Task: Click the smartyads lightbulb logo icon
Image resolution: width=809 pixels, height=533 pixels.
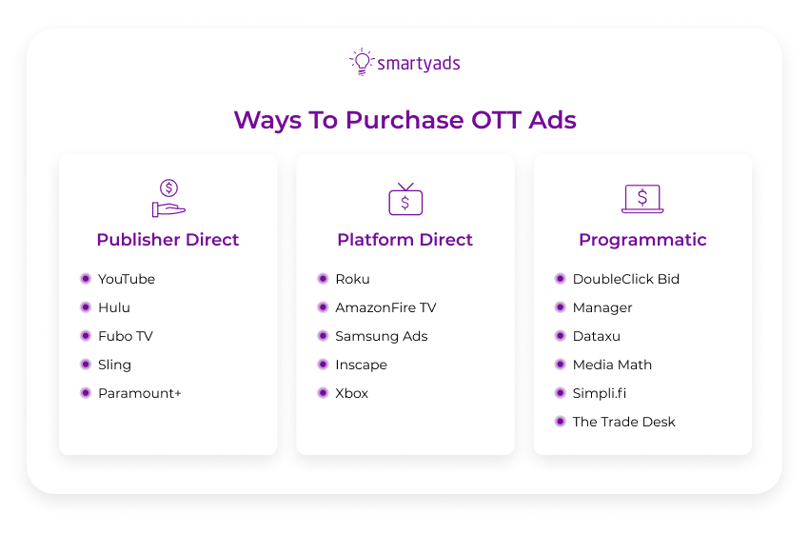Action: (362, 62)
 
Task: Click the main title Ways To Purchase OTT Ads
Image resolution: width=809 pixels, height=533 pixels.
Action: (404, 121)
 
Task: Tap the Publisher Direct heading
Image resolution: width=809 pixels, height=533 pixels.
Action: (168, 240)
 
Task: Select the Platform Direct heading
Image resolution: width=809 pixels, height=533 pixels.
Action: (404, 240)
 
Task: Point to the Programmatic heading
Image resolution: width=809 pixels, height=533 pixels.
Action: (642, 240)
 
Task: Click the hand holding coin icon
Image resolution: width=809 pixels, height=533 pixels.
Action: (168, 198)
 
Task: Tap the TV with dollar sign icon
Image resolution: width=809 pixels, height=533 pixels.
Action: (405, 199)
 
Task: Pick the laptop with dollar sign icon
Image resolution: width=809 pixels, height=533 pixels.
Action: (642, 199)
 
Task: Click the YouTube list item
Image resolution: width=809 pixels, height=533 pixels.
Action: (126, 279)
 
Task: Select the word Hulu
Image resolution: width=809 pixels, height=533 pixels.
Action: (114, 307)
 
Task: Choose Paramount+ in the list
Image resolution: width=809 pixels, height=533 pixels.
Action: (139, 393)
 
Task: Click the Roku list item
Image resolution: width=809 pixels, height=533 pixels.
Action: (352, 279)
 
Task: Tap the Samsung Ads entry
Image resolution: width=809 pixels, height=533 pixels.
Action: (381, 336)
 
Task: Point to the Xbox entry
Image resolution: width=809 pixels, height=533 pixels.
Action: (351, 393)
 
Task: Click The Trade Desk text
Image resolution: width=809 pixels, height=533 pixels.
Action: (623, 422)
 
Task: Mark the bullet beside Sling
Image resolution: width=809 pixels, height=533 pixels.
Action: (86, 365)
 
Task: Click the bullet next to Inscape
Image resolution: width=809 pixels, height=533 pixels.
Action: (323, 365)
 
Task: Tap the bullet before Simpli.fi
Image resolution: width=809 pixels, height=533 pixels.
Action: (560, 393)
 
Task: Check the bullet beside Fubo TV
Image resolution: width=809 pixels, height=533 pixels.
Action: (86, 336)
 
